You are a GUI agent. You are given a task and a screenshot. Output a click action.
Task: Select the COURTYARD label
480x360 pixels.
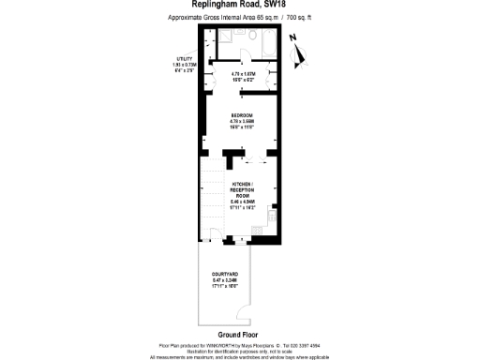[238, 272]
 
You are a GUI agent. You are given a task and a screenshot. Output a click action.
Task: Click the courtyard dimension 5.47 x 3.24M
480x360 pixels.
[238, 278]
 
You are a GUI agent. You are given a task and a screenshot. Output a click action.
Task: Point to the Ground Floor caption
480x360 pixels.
[237, 334]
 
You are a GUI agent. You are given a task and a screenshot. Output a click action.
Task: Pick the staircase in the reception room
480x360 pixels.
[215, 197]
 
